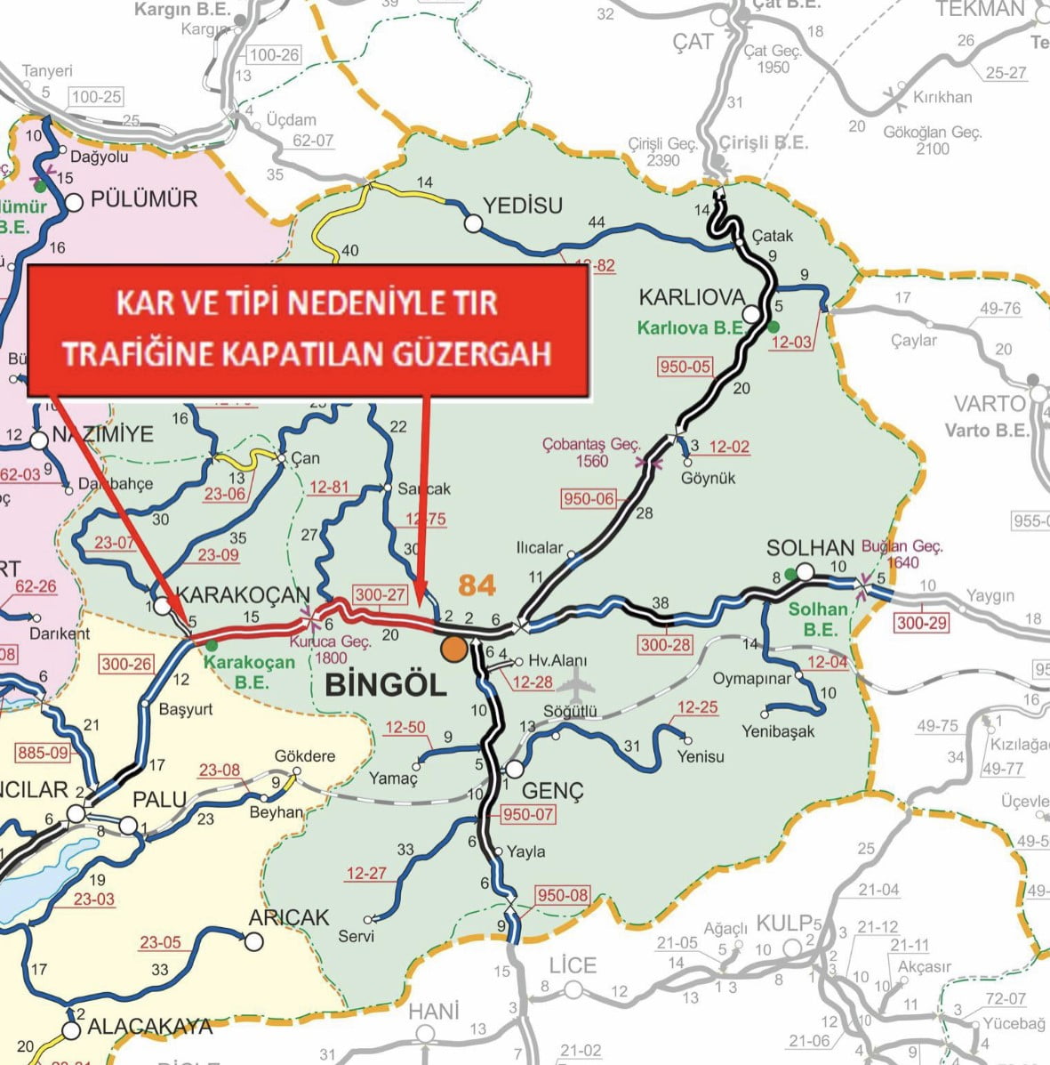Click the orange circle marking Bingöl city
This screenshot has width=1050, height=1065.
click(453, 649)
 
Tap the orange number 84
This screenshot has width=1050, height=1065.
click(477, 585)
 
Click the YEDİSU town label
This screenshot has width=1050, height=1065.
click(523, 206)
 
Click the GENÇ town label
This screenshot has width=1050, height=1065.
click(551, 790)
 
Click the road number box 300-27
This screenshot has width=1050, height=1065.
click(381, 594)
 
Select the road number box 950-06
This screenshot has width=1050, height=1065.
click(589, 498)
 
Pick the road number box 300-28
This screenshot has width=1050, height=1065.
click(665, 644)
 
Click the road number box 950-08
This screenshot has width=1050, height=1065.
click(562, 895)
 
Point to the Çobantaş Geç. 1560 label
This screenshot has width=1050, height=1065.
click(591, 452)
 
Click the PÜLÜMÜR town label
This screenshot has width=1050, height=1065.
click(144, 198)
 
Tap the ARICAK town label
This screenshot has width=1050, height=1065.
click(289, 917)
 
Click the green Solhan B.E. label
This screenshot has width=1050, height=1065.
click(818, 619)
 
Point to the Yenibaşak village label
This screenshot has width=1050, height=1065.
click(778, 732)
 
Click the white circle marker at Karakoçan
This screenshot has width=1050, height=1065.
click(162, 606)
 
